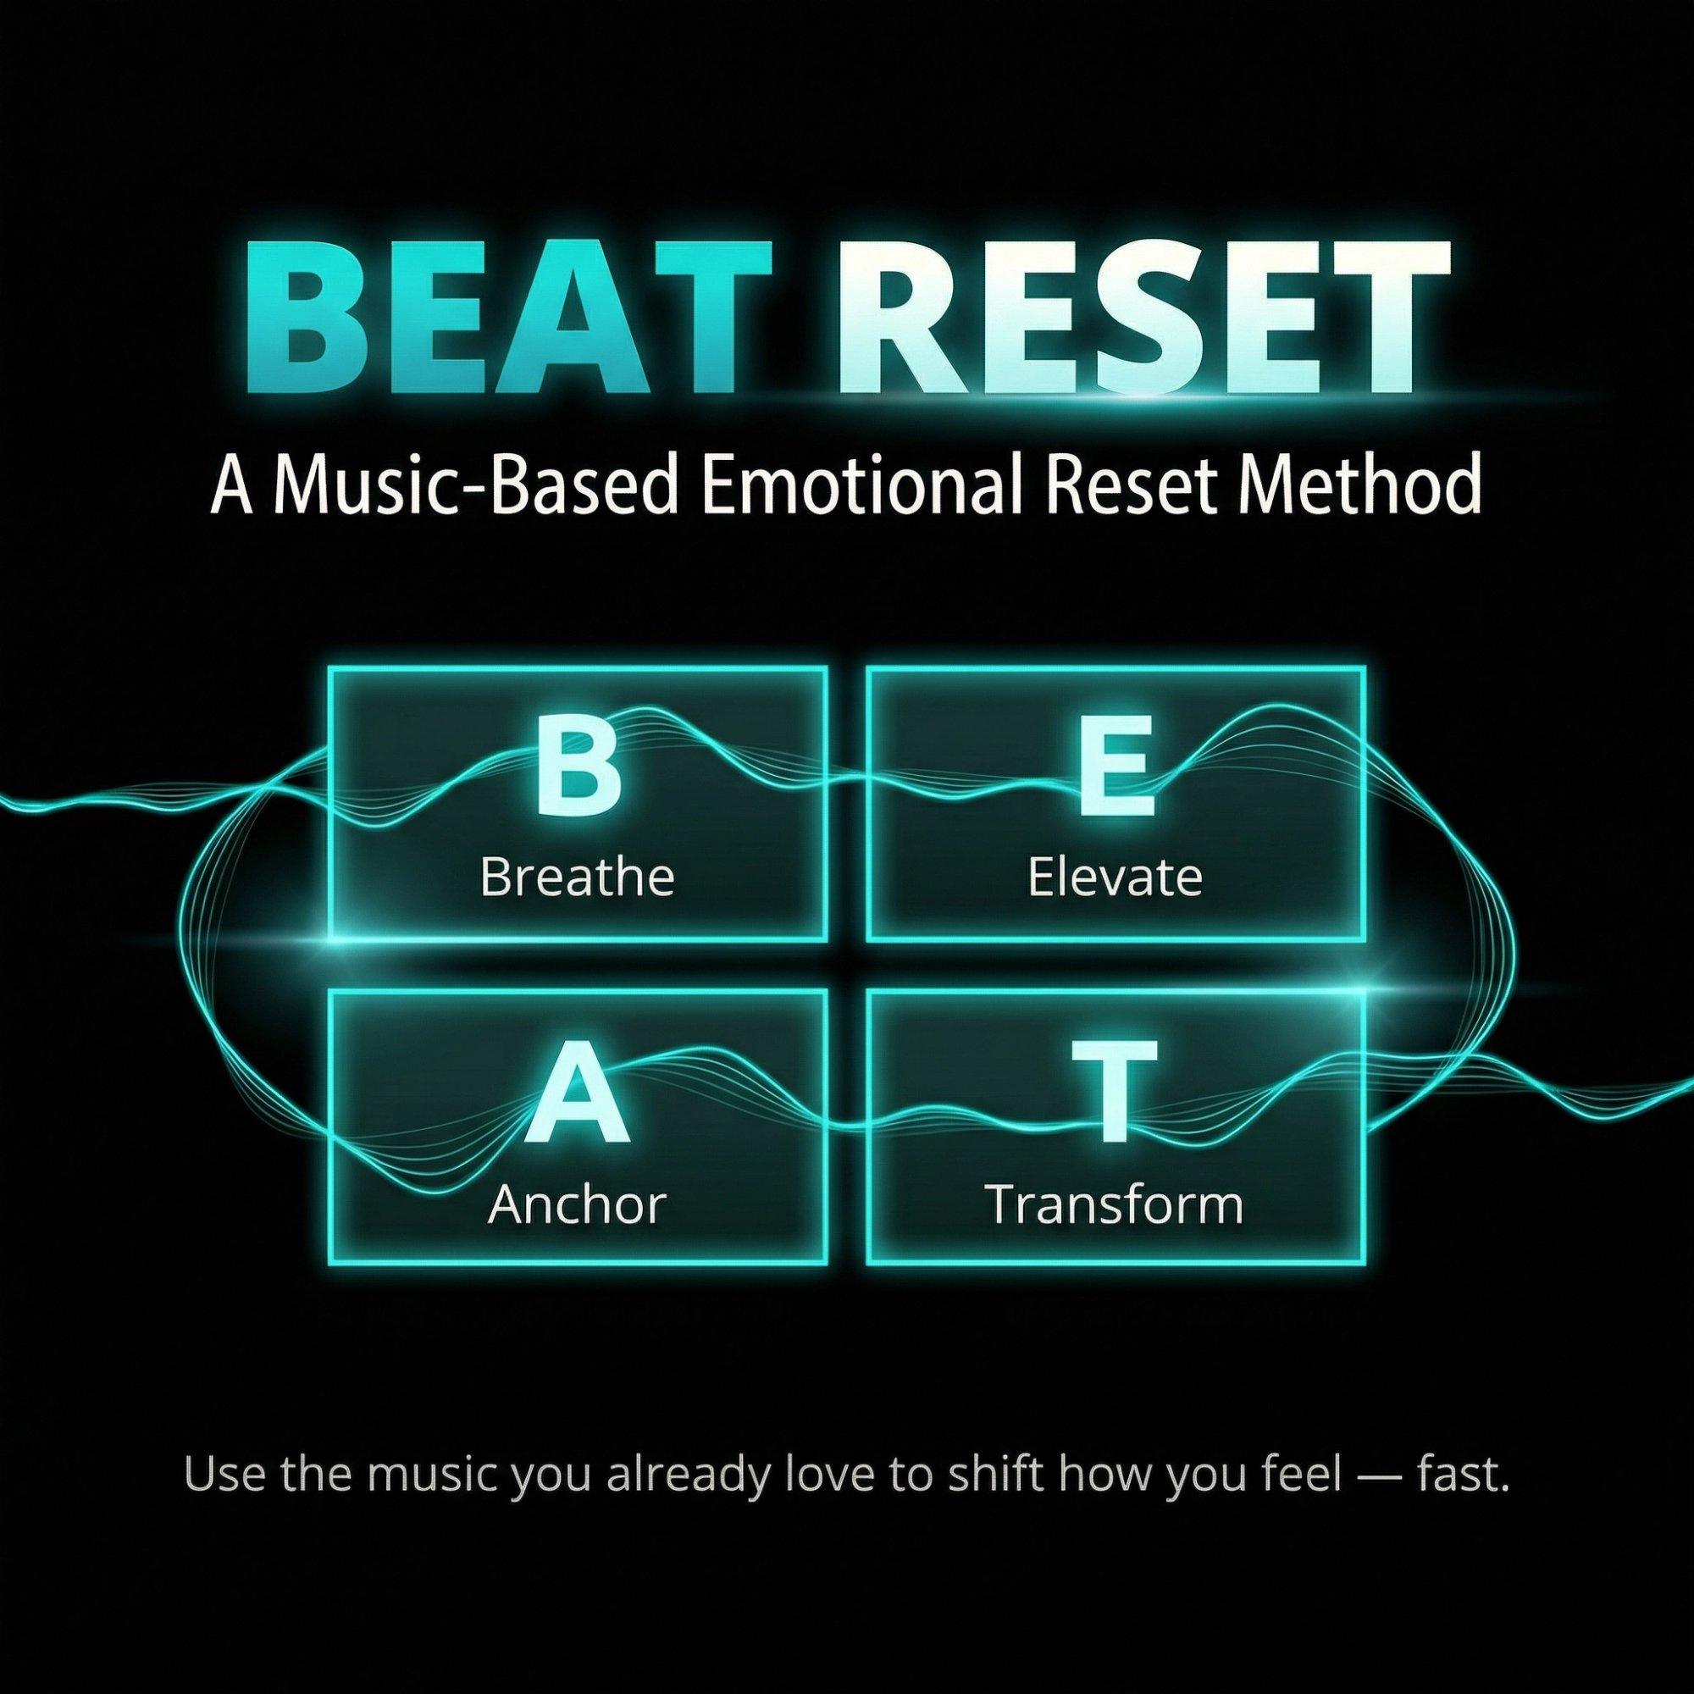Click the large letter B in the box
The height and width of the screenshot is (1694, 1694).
coord(577,765)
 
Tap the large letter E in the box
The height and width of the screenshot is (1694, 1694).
coord(1115,765)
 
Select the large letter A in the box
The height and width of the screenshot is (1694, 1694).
coord(577,1093)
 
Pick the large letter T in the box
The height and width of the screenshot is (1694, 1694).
coord(1115,1093)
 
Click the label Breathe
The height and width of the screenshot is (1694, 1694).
coord(577,877)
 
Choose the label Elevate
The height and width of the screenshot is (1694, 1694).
coord(1115,877)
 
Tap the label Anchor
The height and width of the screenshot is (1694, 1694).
coord(577,1204)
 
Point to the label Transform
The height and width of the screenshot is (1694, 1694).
coord(1115,1204)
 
